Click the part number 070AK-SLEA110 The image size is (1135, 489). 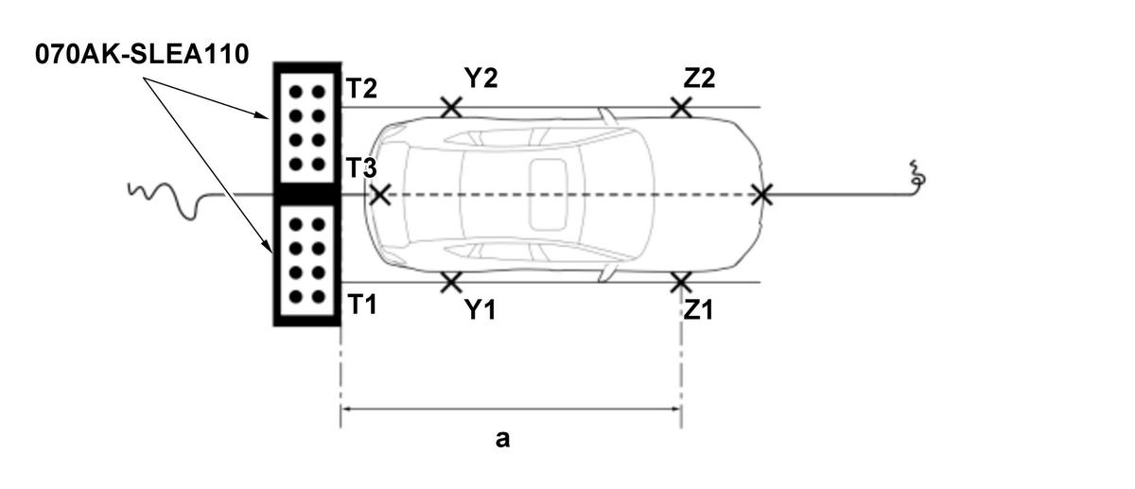(x=142, y=54)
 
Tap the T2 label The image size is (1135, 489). (x=361, y=89)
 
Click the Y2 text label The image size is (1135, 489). (x=480, y=79)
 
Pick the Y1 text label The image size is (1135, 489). (x=480, y=310)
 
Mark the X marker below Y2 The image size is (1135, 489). (x=451, y=107)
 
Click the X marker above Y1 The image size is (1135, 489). (x=451, y=282)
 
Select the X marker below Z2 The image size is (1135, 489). (x=680, y=107)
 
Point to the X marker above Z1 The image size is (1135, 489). (x=680, y=282)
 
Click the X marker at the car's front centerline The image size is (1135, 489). (x=379, y=195)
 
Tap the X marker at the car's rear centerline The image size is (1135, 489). (x=761, y=195)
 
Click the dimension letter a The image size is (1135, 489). (x=502, y=439)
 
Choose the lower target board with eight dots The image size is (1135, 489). (x=306, y=261)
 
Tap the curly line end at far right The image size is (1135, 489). (x=916, y=177)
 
